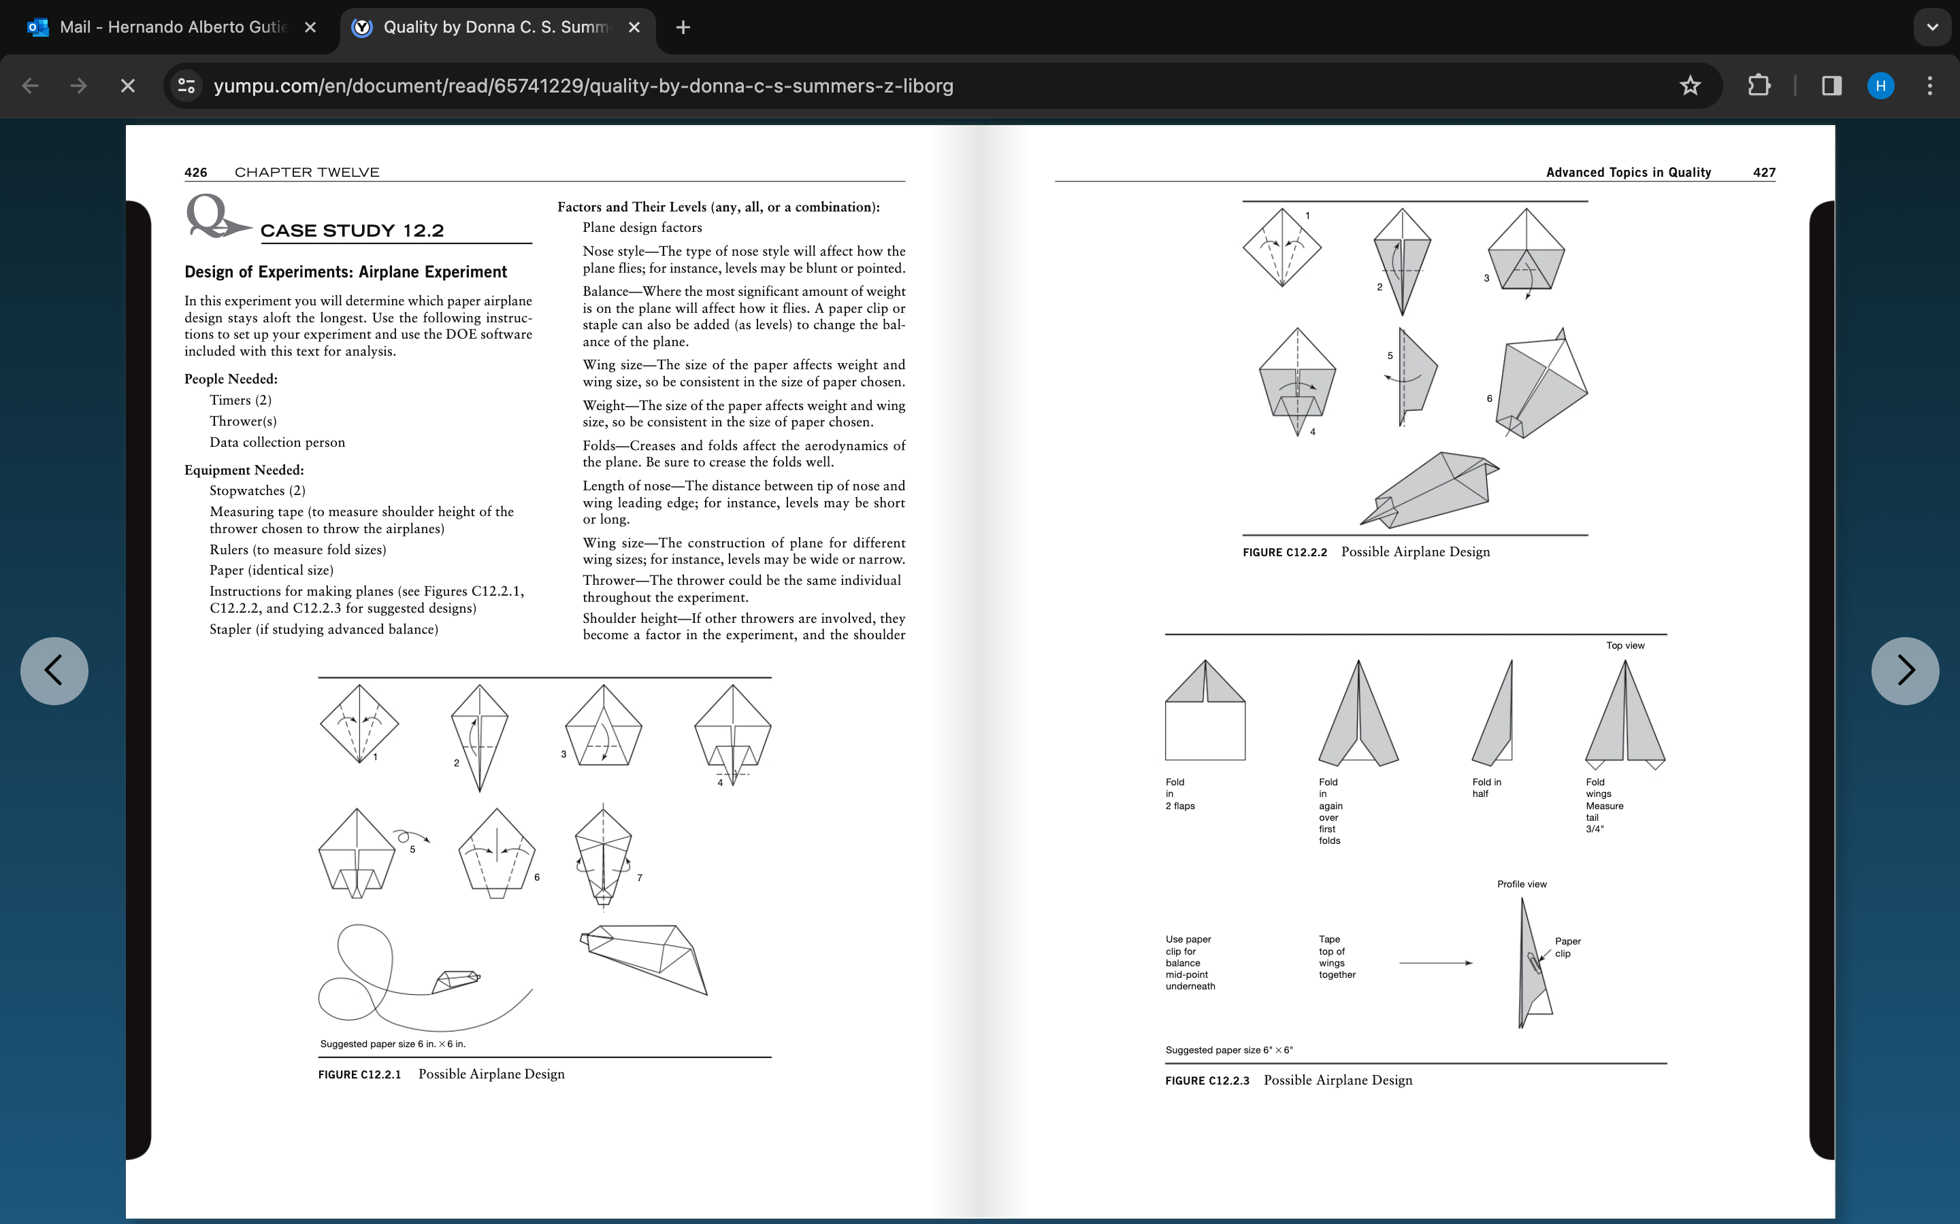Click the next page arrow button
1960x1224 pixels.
coord(1904,670)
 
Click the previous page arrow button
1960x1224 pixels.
coord(54,670)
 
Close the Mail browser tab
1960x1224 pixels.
coord(310,27)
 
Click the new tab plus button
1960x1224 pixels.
coord(683,27)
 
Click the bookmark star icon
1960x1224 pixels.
coord(1690,85)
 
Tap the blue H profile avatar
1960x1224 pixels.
coord(1880,85)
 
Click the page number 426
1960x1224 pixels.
coord(195,173)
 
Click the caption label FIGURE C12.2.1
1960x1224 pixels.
coord(359,1074)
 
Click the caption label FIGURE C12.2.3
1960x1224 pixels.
coord(1207,1081)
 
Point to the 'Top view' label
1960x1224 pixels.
coord(1624,645)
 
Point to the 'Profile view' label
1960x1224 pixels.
coord(1521,884)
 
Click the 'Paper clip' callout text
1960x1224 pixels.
coord(1567,947)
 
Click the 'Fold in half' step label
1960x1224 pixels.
coord(1486,787)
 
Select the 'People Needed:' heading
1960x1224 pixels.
coord(231,379)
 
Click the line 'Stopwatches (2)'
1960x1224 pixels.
coord(257,490)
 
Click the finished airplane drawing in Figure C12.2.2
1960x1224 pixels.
coord(1429,490)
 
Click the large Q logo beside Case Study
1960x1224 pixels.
coord(212,216)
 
